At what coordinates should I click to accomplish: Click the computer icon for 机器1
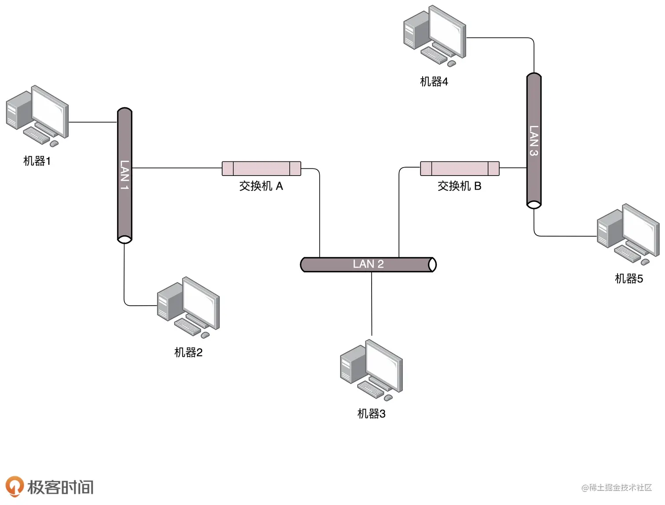[37, 115]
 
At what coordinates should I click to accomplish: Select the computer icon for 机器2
[188, 307]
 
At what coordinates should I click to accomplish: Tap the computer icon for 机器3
[372, 369]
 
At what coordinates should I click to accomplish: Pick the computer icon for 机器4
[435, 35]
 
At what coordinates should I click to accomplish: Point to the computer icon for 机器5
[628, 233]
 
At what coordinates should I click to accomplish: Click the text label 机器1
[37, 161]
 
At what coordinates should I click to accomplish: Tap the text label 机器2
[188, 352]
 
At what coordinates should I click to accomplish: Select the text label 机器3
[372, 414]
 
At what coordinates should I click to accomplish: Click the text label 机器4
[434, 81]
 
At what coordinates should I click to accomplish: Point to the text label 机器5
[629, 278]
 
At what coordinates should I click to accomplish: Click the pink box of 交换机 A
[261, 168]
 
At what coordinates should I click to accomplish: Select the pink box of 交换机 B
[460, 168]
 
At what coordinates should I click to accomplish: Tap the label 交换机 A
[261, 186]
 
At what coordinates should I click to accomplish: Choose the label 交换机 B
[460, 186]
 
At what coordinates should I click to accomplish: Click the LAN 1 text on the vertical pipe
[124, 175]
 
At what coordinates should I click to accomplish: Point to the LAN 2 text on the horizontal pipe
[368, 264]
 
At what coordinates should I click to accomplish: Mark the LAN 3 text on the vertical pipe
[533, 141]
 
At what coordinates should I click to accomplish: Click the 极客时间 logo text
[60, 487]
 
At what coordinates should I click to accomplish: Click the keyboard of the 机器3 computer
[370, 388]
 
